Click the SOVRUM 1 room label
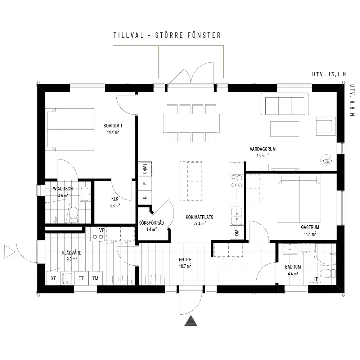[113, 126]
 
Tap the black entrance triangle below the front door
[191, 321]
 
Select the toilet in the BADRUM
[328, 274]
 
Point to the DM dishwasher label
[237, 233]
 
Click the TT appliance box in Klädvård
[81, 278]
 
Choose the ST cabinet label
[53, 279]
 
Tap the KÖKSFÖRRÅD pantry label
[151, 223]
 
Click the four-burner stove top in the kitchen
[237, 181]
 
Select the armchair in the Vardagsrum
[325, 126]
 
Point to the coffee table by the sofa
[285, 129]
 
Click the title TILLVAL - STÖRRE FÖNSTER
[167, 35]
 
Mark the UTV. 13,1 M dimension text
[329, 75]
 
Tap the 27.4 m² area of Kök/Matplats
[199, 224]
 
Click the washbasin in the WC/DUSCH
[85, 194]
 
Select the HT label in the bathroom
[315, 279]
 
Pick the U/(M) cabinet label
[145, 169]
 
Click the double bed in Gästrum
[299, 198]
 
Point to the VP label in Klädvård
[102, 230]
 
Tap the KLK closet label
[115, 199]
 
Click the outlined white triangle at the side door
[9, 252]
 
